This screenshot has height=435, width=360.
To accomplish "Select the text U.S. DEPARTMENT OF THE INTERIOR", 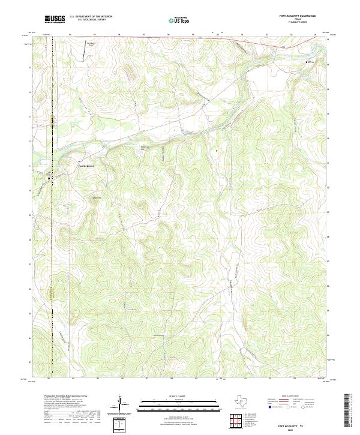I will pyautogui.click(x=91, y=16).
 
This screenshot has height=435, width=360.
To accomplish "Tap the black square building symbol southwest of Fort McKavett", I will pyautogui.click(x=49, y=178).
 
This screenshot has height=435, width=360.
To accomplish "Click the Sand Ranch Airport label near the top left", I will pyautogui.click(x=92, y=44).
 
